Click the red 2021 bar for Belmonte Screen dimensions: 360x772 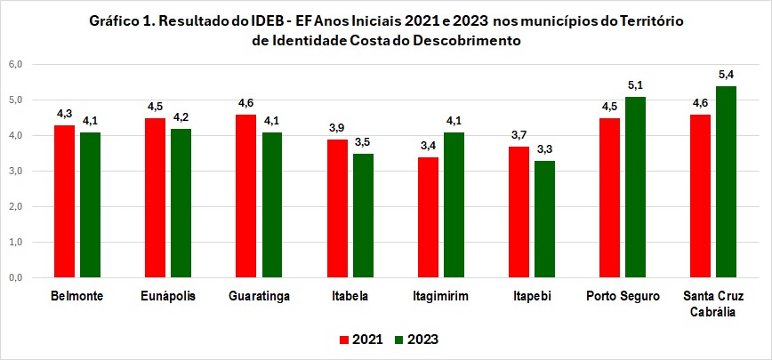coord(64,201)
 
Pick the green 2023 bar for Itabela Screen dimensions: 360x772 coord(363,215)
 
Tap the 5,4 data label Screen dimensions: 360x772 coord(727,74)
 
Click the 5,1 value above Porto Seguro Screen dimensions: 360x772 coord(636,85)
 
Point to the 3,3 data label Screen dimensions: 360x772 coord(545,148)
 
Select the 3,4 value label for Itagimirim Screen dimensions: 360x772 coord(428,145)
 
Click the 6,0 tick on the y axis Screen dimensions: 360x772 coord(15,64)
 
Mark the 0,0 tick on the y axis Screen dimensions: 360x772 coord(15,277)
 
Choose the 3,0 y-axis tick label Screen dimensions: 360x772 coord(15,171)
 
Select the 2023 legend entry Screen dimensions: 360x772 coord(417,339)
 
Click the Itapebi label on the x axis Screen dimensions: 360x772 coord(532,296)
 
